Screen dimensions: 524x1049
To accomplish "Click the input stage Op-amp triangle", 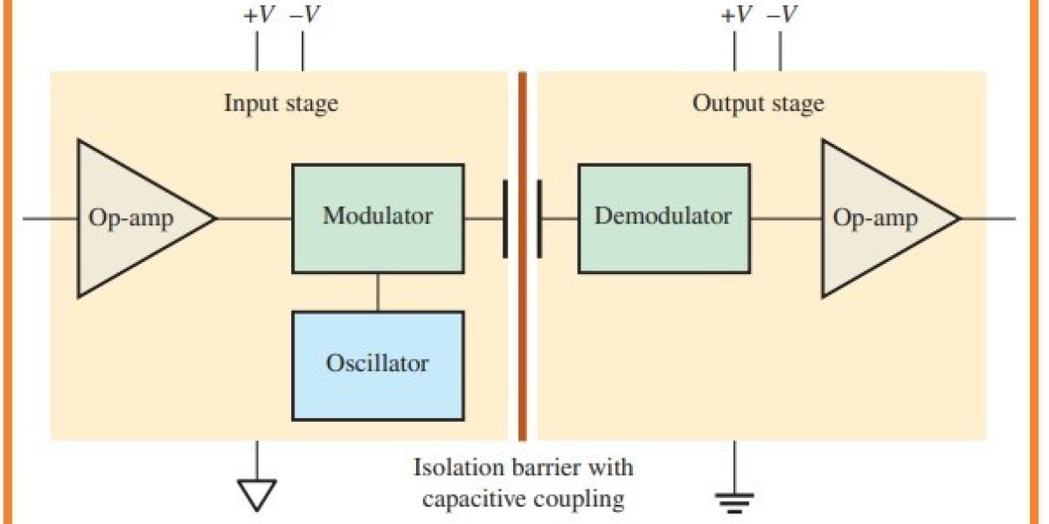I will (131, 218).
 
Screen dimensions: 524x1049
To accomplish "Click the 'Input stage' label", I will (281, 104).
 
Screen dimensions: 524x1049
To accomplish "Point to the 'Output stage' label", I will (758, 104).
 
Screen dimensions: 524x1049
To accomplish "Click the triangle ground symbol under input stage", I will (257, 493).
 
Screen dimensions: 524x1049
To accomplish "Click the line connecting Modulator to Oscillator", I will (378, 293).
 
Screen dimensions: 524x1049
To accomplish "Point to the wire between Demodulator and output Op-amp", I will (785, 218).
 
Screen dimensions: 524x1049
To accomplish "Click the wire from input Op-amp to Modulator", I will (254, 218).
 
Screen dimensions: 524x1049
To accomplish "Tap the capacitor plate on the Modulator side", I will (505, 218).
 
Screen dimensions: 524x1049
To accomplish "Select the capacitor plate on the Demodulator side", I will (538, 218).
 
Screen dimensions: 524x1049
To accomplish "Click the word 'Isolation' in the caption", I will (455, 467).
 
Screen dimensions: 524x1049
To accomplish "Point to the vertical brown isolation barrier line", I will (522, 349).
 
